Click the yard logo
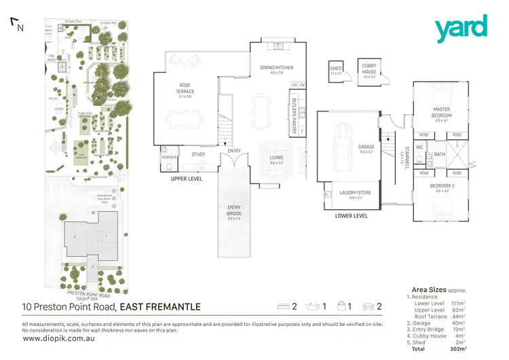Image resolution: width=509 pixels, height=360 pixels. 461,28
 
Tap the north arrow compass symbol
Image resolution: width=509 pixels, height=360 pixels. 16,25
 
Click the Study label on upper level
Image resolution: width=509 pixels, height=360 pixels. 198,154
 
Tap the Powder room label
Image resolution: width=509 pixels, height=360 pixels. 170,158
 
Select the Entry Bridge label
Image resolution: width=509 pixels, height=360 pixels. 233,213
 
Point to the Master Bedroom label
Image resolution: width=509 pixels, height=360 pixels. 442,112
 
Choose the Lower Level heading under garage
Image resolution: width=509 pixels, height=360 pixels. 352,216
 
